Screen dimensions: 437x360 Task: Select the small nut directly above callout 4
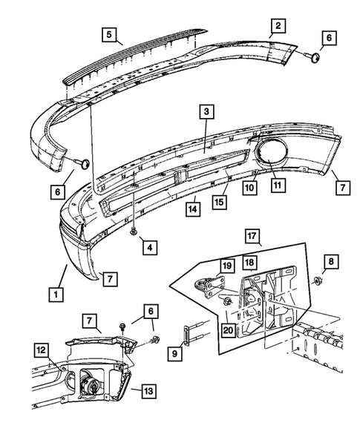134,232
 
